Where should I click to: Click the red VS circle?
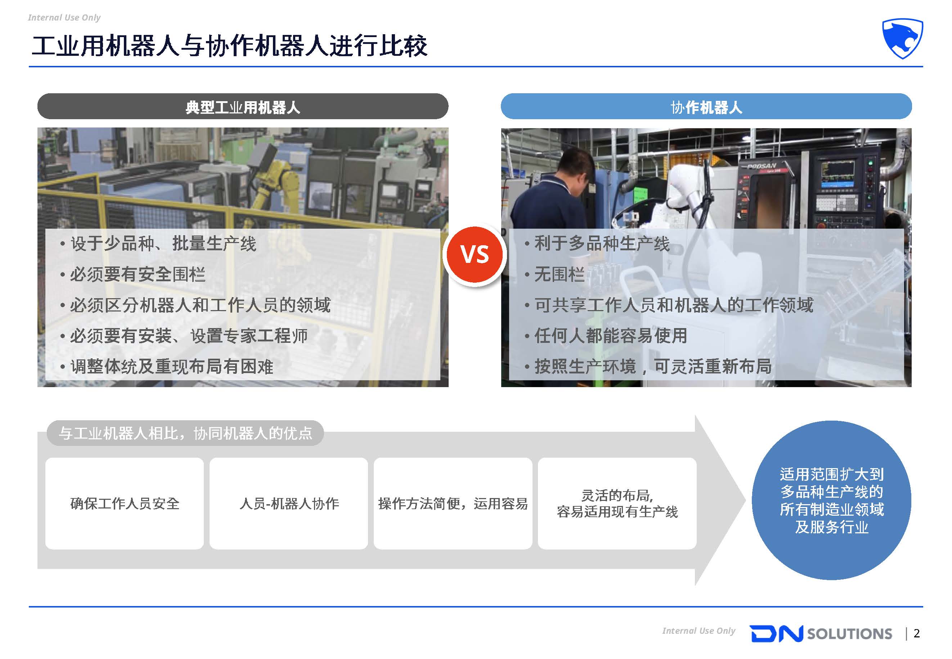(x=475, y=254)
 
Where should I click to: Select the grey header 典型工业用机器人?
(x=243, y=107)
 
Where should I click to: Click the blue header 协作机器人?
(x=706, y=107)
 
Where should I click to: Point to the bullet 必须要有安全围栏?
(x=133, y=274)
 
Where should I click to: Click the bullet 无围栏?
(x=554, y=274)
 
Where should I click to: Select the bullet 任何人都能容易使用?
(x=606, y=335)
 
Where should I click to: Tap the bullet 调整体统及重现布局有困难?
(x=167, y=366)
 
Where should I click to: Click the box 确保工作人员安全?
(x=125, y=503)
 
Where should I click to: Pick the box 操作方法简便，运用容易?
(x=453, y=503)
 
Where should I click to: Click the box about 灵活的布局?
(x=617, y=503)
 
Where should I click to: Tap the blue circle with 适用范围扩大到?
(x=831, y=500)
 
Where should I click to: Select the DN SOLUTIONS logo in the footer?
(x=821, y=633)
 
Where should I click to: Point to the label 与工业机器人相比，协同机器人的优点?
(x=185, y=433)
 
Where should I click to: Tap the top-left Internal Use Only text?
(x=64, y=17)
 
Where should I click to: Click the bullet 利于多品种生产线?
(x=597, y=243)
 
